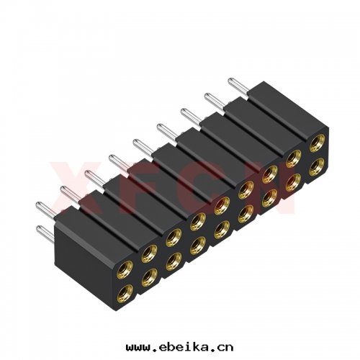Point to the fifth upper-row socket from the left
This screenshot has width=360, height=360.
222,210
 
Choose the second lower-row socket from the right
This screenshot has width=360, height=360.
293,183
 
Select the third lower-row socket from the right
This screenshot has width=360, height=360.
269,198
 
